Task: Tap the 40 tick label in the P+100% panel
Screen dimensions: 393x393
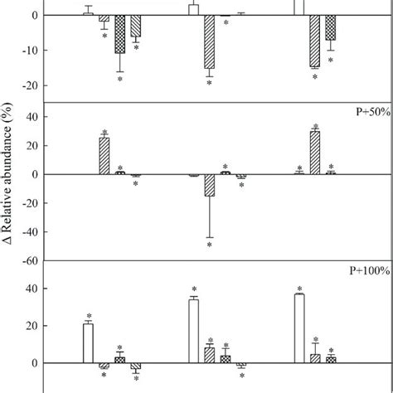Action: [x=30, y=289]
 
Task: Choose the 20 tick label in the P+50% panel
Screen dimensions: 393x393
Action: [x=30, y=145]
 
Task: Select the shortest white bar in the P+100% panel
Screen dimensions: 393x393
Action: [x=88, y=343]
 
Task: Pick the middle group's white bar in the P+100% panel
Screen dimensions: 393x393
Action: [x=193, y=331]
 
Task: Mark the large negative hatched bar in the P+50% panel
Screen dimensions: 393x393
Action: [x=209, y=185]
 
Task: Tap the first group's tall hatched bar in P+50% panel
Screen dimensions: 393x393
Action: [x=104, y=156]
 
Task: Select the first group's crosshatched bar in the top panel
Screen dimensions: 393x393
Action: [x=120, y=34]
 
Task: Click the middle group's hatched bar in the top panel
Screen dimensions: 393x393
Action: [x=209, y=41]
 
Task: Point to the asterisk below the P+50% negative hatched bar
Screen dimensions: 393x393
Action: [x=209, y=245]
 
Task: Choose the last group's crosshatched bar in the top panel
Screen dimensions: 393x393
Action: [x=331, y=27]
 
